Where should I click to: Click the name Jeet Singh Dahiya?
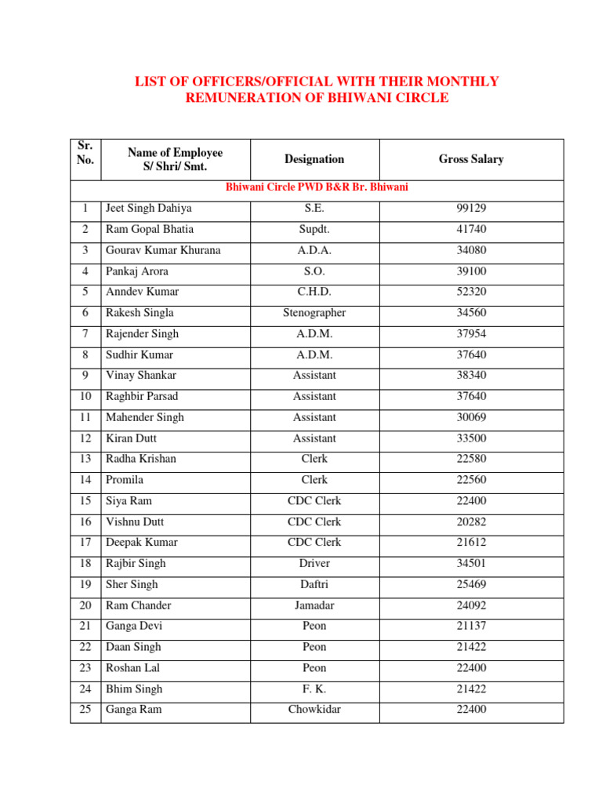148,209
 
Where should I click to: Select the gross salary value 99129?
471,209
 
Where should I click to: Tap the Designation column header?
314,159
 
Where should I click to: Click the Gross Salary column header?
471,159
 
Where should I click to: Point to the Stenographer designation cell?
314,313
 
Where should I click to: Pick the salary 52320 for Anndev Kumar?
471,292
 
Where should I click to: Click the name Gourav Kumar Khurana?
163,250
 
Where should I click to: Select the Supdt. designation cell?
314,229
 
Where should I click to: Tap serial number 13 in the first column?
85,459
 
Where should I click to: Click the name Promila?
125,480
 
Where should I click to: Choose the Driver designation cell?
314,563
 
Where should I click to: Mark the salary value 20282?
471,521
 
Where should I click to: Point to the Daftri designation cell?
314,584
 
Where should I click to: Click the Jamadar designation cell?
314,605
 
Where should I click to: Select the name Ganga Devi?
135,626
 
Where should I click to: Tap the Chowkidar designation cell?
314,710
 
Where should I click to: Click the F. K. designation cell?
314,689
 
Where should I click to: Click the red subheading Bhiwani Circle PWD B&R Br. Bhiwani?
317,187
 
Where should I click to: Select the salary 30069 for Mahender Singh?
471,417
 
